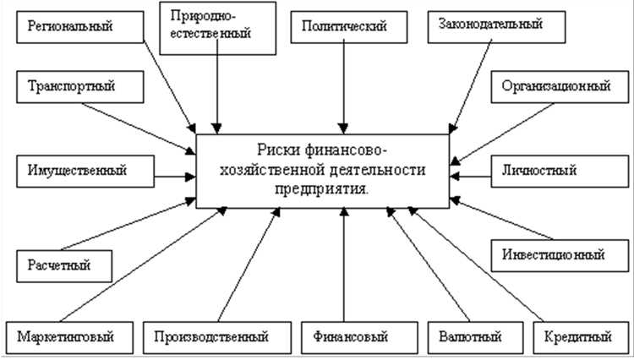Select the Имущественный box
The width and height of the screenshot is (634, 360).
pyautogui.click(x=71, y=170)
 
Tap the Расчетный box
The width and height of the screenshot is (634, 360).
pyautogui.click(x=64, y=266)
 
